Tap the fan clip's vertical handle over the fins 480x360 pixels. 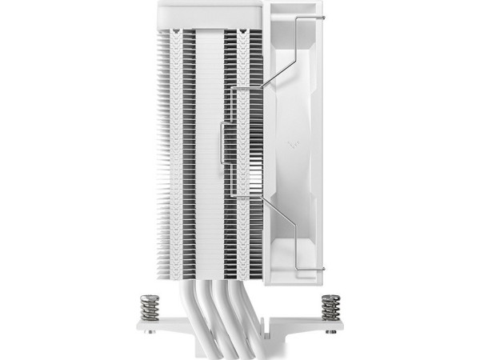coord(232,144)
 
